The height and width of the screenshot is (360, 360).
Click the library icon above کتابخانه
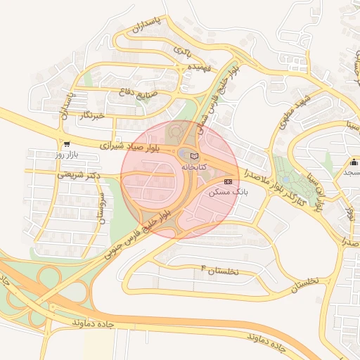pyautogui.click(x=195, y=156)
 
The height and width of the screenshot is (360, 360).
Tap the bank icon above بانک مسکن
pyautogui.click(x=226, y=181)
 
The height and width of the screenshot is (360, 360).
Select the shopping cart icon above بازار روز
pyautogui.click(x=66, y=143)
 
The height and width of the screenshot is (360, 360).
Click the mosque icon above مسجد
pyautogui.click(x=354, y=162)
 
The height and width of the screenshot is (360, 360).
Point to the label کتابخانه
pyautogui.click(x=195, y=167)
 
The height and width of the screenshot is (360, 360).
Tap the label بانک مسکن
pyautogui.click(x=225, y=192)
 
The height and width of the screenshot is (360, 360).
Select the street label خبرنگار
pyautogui.click(x=91, y=115)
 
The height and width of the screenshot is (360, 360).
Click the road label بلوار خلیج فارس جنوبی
pyautogui.click(x=138, y=230)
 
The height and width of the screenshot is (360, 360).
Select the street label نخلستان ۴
pyautogui.click(x=219, y=270)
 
